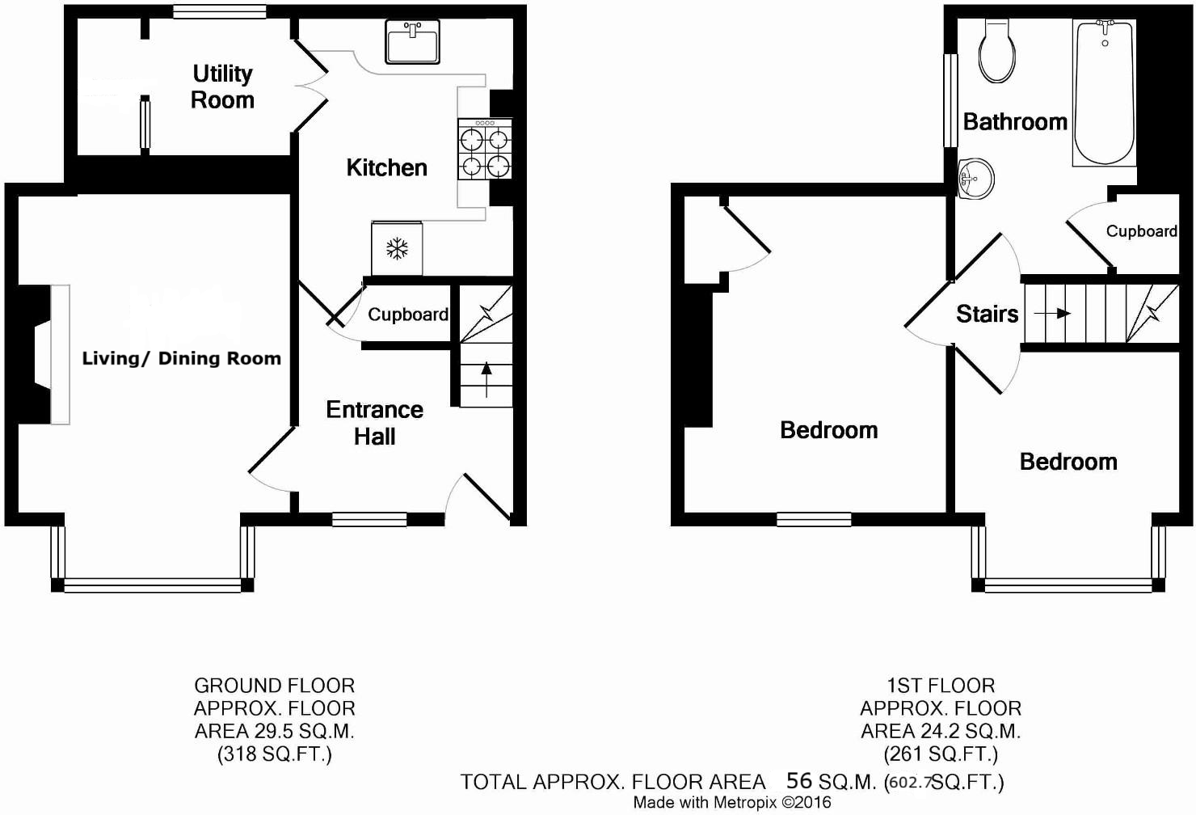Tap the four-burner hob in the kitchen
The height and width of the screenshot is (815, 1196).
(x=485, y=150)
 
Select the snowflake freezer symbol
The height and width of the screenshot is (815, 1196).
(x=396, y=248)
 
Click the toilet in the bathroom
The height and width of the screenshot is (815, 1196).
(x=996, y=52)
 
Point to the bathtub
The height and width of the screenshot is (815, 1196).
(x=1104, y=93)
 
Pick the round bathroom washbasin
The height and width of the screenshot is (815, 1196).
(x=975, y=177)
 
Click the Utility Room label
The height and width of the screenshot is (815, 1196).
(x=222, y=87)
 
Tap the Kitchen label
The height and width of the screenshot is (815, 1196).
(x=386, y=167)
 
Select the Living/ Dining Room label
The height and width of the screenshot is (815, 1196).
(x=181, y=358)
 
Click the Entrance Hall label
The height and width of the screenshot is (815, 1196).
(x=374, y=423)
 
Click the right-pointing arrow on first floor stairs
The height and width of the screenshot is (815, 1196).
(x=1052, y=314)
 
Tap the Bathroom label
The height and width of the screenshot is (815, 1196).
(x=1015, y=121)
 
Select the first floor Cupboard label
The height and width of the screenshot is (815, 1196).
(x=1141, y=231)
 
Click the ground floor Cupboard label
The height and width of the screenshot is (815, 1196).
(x=407, y=315)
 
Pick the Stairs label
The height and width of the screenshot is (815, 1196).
(x=987, y=314)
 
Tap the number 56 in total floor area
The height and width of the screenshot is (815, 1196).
(x=798, y=780)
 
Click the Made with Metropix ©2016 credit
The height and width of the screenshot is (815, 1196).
(x=731, y=803)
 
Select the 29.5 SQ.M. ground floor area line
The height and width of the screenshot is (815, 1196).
(x=274, y=731)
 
